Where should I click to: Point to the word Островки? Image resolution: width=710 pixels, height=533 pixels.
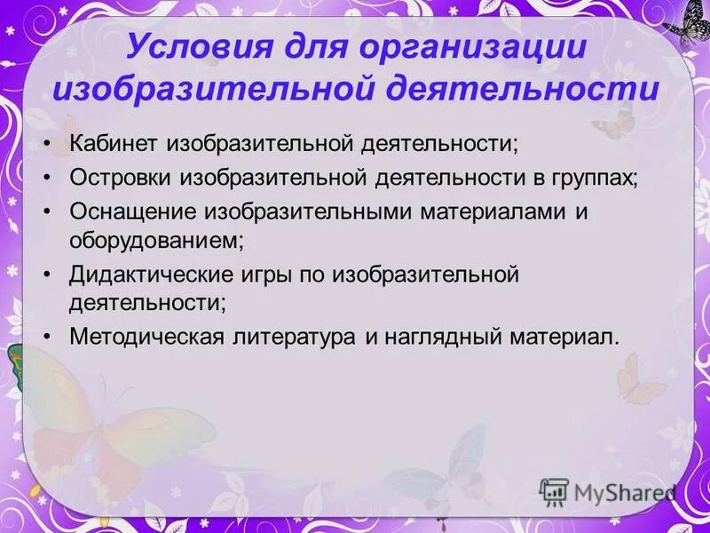click(122, 177)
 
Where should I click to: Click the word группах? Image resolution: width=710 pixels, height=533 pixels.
click(597, 177)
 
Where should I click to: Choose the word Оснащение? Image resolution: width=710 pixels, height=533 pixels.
click(134, 211)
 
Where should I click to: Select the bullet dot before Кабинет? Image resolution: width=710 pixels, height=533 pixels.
click(47, 144)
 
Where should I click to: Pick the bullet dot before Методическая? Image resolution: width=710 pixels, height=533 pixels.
click(47, 338)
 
